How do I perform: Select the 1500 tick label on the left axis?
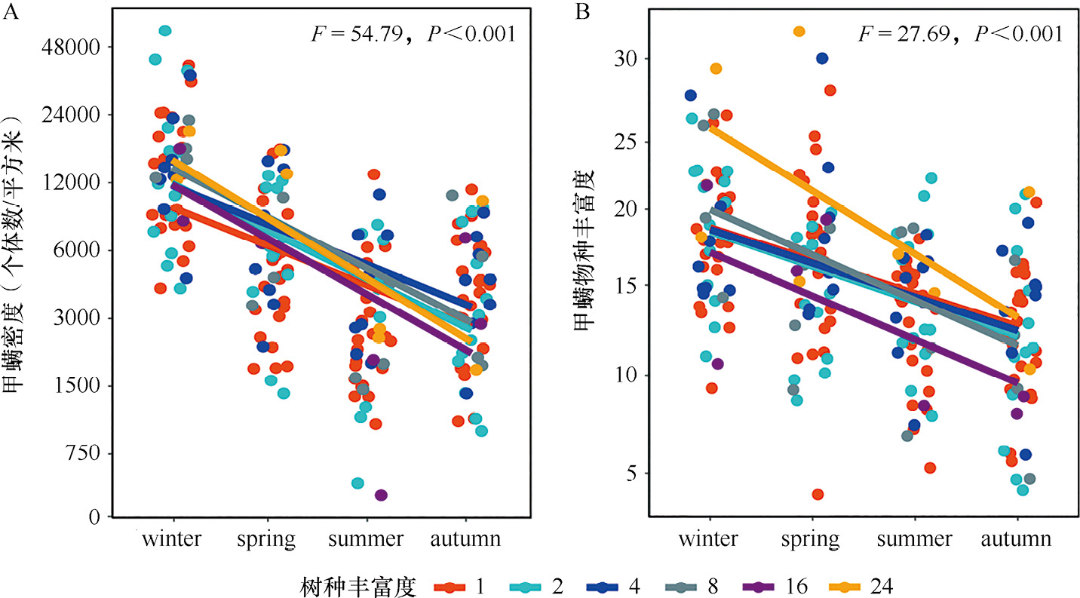(x=82, y=385)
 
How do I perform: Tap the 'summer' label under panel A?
(x=366, y=539)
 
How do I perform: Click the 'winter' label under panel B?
(x=707, y=539)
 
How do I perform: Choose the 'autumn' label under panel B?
(x=1017, y=539)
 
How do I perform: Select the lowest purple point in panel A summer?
(x=381, y=495)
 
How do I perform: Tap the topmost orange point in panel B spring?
(x=799, y=31)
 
